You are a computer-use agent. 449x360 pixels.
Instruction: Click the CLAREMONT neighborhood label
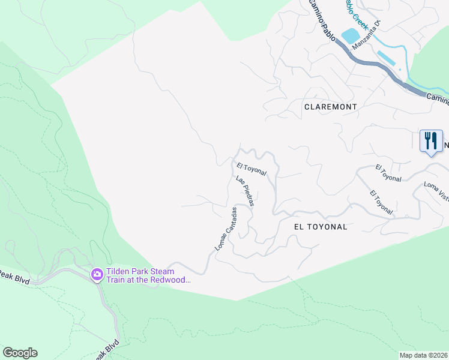[x=330, y=106]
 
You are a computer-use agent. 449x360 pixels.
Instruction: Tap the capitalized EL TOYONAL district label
[x=321, y=227]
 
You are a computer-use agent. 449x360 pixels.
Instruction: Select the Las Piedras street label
[x=245, y=191]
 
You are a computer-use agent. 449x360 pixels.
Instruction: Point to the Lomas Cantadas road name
[x=226, y=229]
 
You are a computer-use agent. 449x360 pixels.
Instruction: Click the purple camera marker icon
[x=97, y=275]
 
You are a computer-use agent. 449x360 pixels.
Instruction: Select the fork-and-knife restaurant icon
[x=431, y=141]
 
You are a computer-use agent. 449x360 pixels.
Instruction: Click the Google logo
[x=20, y=353]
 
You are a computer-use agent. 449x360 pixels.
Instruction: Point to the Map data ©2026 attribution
[x=423, y=355]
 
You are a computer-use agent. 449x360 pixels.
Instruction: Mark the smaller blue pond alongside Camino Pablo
[x=386, y=58]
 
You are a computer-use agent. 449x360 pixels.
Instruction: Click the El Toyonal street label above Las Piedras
[x=251, y=169]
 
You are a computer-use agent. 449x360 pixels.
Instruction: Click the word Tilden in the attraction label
[x=118, y=271]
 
